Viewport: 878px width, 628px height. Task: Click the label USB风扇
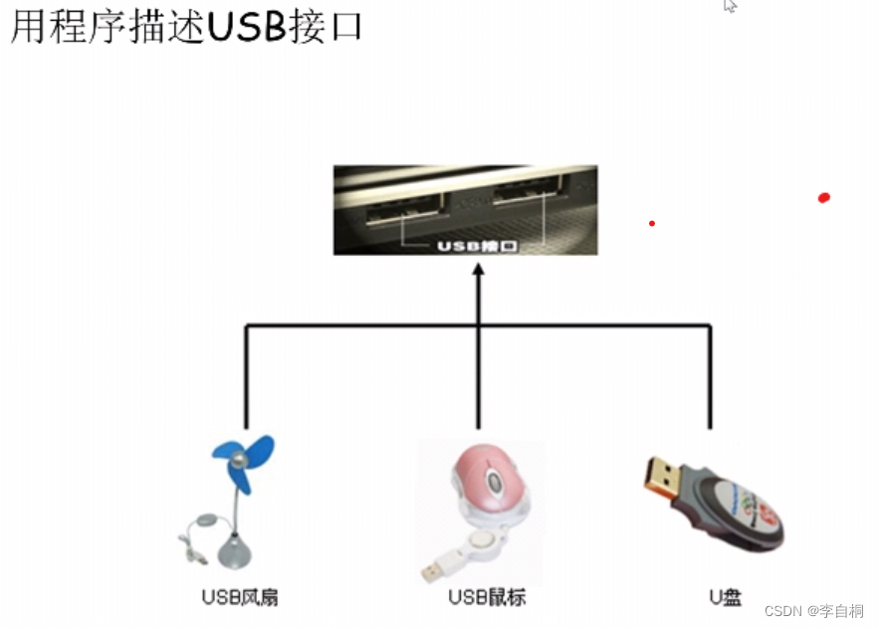(x=239, y=597)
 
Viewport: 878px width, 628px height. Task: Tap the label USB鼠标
(x=486, y=597)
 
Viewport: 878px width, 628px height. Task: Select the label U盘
(x=725, y=597)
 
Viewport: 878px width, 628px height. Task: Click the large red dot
(x=823, y=198)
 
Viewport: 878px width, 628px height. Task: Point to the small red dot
(x=652, y=223)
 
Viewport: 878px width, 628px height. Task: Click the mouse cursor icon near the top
(x=731, y=6)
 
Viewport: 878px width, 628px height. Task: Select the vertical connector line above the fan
(x=246, y=378)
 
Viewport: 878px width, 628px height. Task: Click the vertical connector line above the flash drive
(x=710, y=378)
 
